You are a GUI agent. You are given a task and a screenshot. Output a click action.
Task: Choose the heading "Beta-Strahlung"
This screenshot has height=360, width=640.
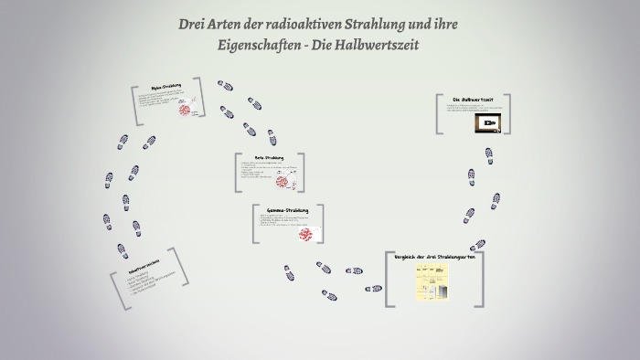pyautogui.click(x=270, y=157)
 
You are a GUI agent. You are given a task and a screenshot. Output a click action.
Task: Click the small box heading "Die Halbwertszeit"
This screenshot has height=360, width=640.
pyautogui.click(x=474, y=99)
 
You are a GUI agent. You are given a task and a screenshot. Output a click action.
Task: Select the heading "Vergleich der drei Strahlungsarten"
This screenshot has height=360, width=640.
pyautogui.click(x=435, y=258)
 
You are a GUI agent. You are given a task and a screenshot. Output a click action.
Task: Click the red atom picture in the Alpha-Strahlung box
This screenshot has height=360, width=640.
pyautogui.click(x=185, y=110)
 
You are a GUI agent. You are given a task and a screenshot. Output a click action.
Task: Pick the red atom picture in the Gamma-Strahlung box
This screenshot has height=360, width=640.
pyautogui.click(x=305, y=235)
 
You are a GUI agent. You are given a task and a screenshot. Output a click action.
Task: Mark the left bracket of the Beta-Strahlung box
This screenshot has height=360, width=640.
pyautogui.click(x=239, y=172)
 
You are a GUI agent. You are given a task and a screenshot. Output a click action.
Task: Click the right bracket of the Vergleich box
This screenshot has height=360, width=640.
pyautogui.click(x=481, y=279)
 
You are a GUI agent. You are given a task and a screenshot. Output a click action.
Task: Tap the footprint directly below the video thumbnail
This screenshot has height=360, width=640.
pyautogui.click(x=489, y=154)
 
